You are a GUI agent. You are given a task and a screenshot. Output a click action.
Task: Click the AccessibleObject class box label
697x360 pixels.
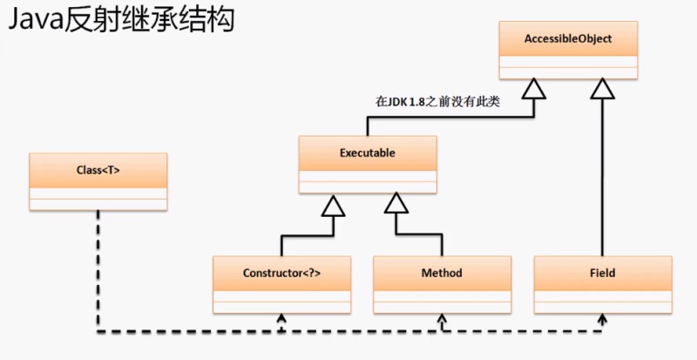coord(568,39)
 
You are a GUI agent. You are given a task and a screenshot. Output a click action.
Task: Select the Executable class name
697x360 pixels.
coord(367,153)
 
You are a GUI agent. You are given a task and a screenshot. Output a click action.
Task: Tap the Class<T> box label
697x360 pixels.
coord(98,170)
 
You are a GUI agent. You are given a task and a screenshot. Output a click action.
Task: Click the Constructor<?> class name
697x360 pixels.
coord(281,273)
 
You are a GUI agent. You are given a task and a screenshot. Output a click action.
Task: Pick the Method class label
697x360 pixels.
coord(442,273)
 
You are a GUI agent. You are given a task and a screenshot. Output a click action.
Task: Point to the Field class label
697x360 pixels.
coord(601,273)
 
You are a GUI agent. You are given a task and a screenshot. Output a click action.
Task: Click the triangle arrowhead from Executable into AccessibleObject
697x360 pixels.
coord(536,89)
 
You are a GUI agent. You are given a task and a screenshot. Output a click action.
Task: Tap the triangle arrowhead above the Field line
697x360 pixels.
coord(601,89)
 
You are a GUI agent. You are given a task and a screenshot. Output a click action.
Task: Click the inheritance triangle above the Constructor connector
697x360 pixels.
coord(332,206)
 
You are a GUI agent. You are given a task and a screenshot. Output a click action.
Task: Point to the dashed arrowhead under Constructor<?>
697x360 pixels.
coord(281,320)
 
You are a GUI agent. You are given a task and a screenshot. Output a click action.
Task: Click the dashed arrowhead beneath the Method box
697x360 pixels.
coord(442,320)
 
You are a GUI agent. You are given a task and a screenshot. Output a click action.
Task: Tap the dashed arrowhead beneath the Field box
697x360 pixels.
coord(601,320)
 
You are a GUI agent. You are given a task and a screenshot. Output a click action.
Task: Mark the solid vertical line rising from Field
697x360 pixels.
coord(601,174)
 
